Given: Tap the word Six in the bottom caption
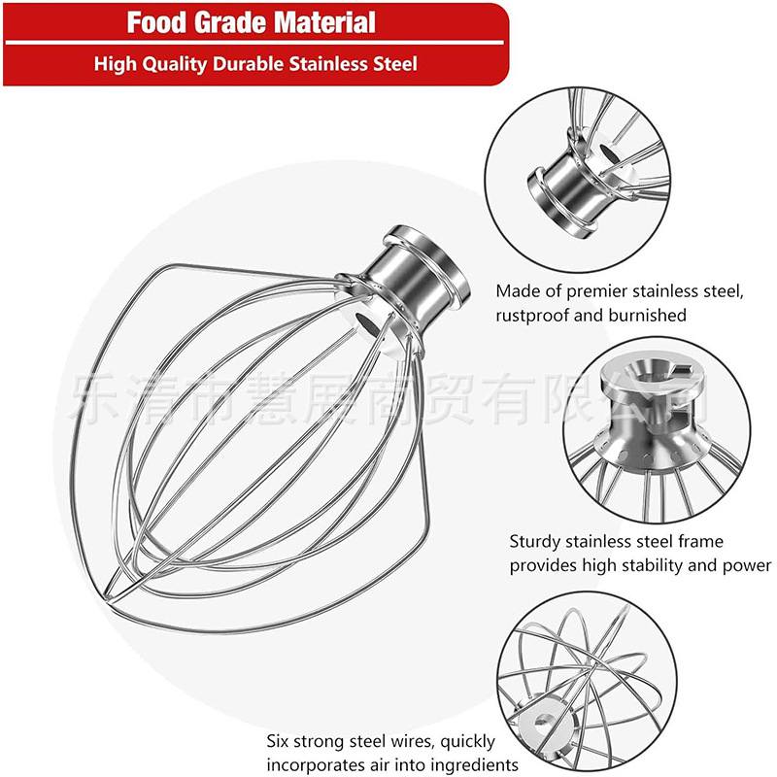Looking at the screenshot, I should point(281,741).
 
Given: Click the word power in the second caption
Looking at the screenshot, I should point(748,565).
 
